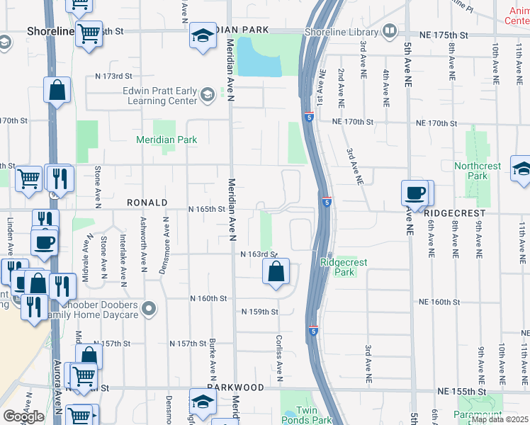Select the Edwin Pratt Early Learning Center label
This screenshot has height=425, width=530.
159,96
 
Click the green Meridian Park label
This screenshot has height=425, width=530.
167,140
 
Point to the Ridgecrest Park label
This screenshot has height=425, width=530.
344,267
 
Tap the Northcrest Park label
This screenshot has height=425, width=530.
478,171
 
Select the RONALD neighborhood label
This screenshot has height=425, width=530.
147,203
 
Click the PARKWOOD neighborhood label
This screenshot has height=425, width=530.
235,388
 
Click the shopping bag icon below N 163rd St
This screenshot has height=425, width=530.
276,271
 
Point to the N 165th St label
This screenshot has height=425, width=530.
206,209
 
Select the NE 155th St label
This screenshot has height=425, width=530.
461,391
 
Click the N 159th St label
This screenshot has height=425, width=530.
259,312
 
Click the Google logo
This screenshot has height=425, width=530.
24,416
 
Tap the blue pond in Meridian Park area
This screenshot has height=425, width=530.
259,58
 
